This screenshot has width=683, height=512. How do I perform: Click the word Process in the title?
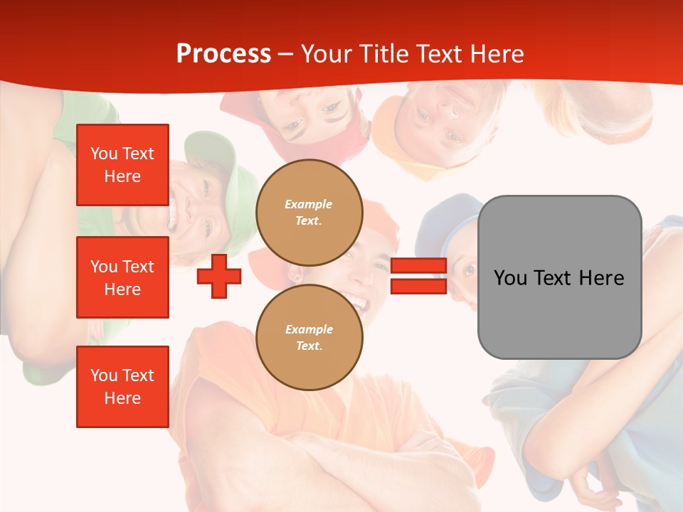[x=223, y=54]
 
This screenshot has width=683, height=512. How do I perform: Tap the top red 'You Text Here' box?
[x=122, y=165]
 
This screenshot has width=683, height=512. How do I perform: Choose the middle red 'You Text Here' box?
[x=122, y=277]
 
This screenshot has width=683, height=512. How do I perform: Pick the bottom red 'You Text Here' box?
[x=122, y=387]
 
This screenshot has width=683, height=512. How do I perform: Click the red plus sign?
[x=219, y=277]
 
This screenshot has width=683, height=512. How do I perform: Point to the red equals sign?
[x=418, y=277]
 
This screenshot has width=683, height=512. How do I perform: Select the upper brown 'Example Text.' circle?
[x=309, y=213]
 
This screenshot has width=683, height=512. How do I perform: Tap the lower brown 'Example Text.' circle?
[x=309, y=338]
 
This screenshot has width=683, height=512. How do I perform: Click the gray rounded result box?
[x=559, y=277]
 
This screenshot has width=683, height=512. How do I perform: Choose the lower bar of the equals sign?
[x=418, y=287]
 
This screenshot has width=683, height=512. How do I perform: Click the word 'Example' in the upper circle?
[x=309, y=205]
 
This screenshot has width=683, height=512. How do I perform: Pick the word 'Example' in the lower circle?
[x=309, y=330]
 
